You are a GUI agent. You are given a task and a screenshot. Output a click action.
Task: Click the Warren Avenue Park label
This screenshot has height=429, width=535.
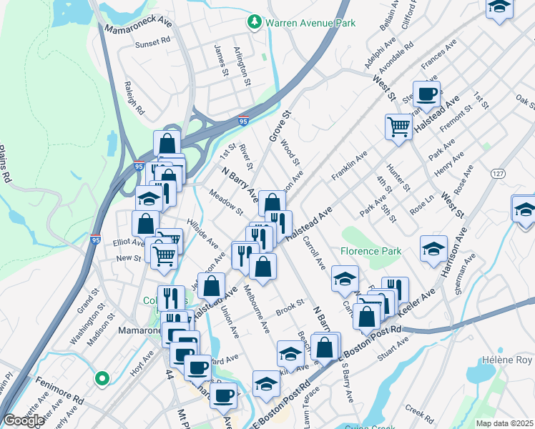pos(310,23)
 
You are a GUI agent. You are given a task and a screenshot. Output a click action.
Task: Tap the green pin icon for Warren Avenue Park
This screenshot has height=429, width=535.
pos(255,23)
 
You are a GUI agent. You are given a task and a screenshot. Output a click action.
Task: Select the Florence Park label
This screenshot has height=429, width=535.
pos(370,252)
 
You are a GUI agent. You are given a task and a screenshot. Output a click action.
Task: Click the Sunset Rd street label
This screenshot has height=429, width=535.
pos(153,44)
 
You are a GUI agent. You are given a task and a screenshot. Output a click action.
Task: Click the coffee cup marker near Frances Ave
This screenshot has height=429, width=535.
pos(427,94)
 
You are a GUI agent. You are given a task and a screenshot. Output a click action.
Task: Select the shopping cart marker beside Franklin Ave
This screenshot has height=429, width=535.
pos(398,127)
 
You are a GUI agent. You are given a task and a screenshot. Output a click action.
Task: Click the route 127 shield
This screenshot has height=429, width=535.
pos(499,174)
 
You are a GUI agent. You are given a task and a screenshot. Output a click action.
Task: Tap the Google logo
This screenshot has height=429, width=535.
pos(24,420)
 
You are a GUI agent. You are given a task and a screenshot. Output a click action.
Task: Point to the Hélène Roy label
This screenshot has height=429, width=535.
pos(507,360)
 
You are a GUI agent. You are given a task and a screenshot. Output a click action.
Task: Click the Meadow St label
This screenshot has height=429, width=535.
pos(226,202)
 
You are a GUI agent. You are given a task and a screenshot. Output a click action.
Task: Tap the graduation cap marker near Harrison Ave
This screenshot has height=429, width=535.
pos(433,249)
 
